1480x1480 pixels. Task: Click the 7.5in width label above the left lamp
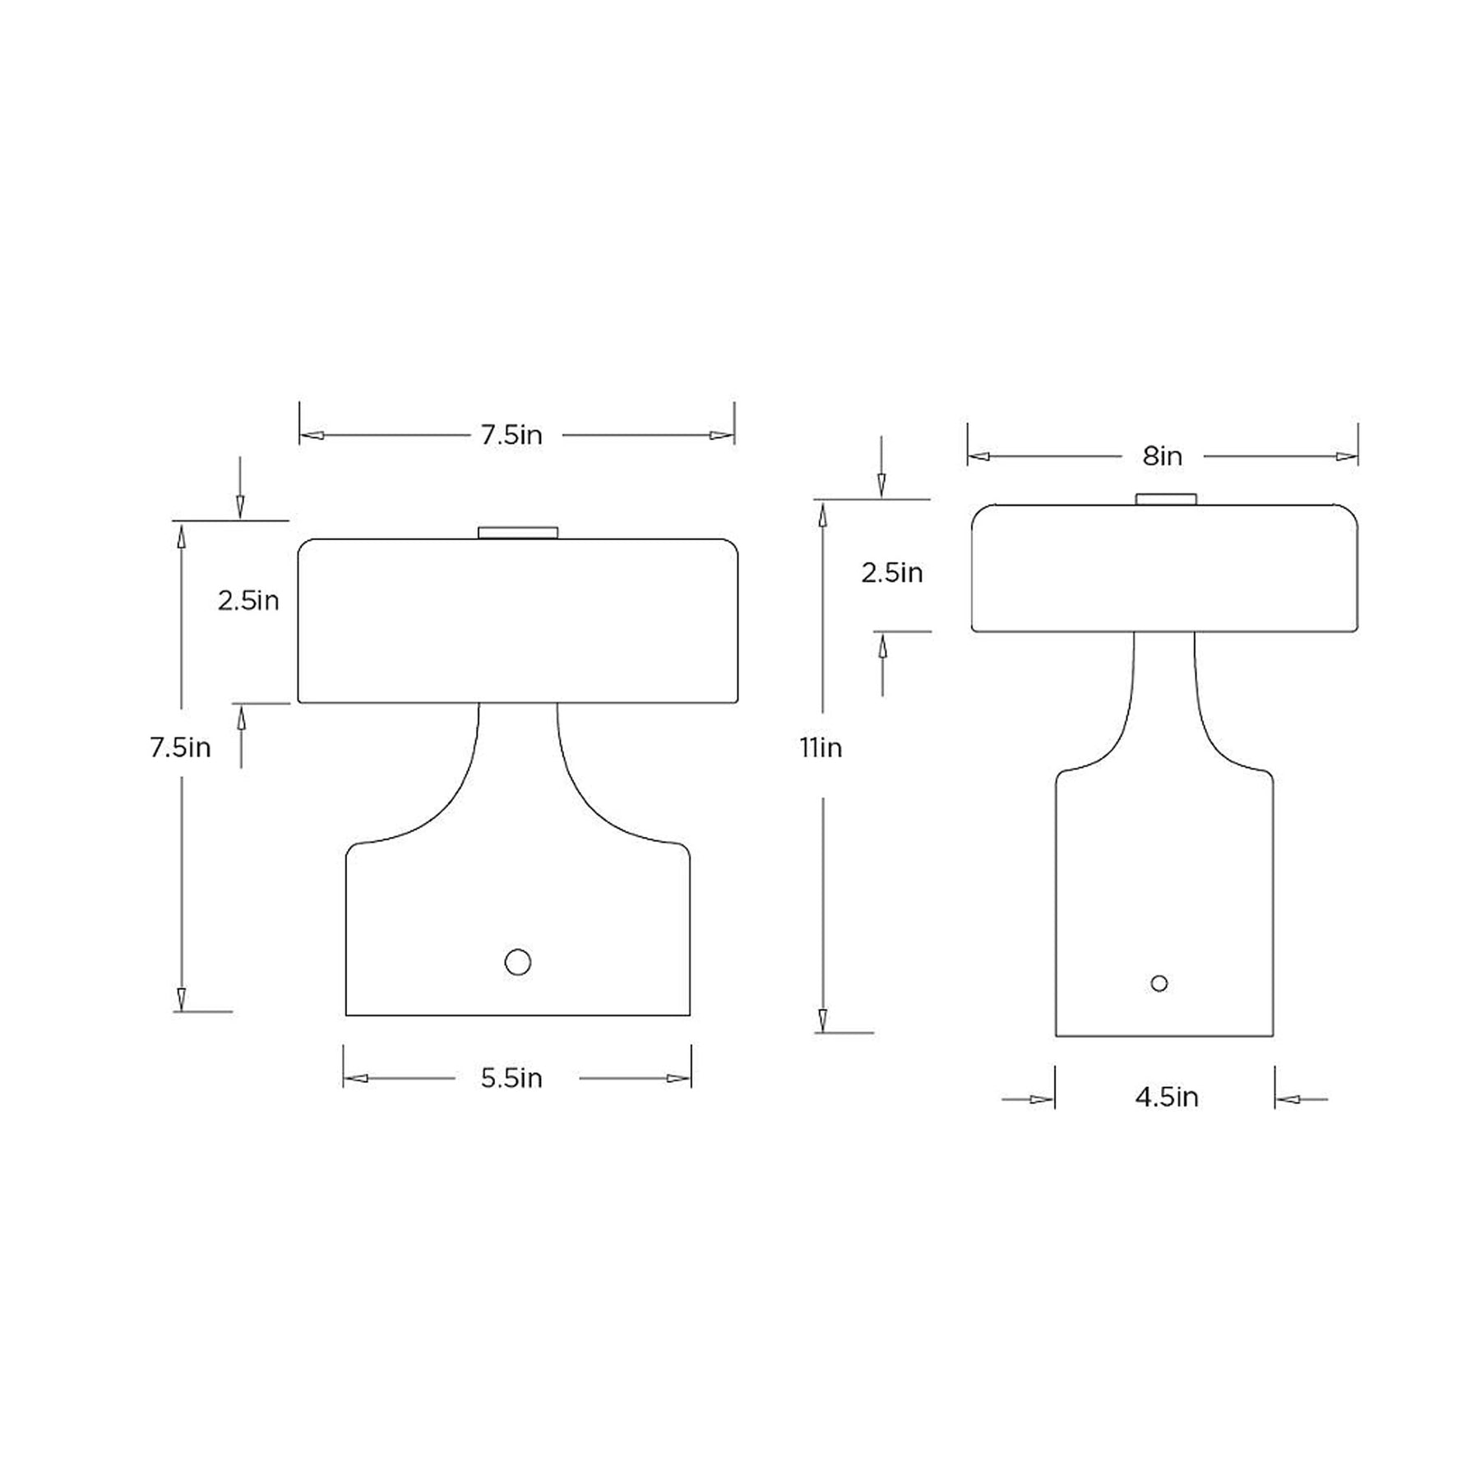coord(511,435)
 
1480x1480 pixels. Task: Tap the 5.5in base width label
coord(511,1078)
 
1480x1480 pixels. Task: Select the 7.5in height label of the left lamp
coord(180,747)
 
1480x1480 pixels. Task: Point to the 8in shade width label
coord(1162,456)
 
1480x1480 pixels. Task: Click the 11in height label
coord(821,747)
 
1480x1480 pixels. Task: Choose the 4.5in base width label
coord(1167,1098)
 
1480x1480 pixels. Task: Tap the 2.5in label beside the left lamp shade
coord(248,601)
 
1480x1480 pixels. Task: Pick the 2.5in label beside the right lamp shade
coord(892,572)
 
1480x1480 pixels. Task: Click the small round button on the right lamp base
coord(1159,983)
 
